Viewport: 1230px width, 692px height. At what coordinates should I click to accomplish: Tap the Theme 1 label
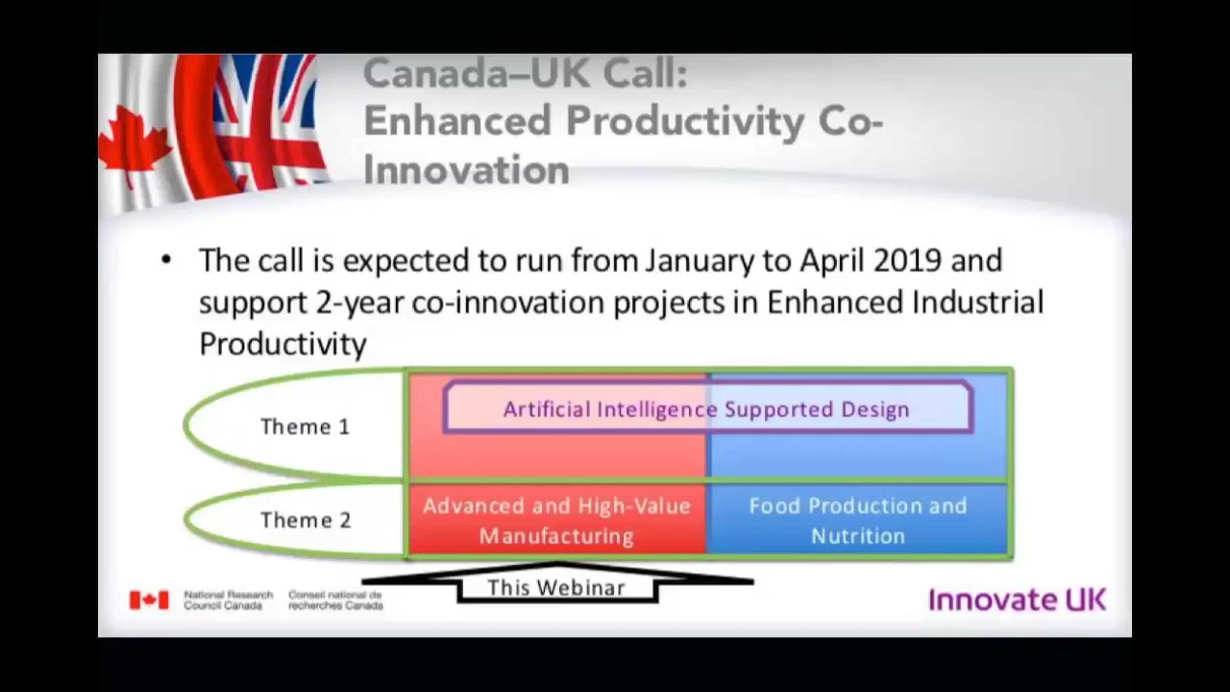click(305, 426)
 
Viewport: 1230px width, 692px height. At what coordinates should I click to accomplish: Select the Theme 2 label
click(306, 520)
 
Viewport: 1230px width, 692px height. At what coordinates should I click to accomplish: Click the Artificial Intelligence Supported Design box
click(708, 408)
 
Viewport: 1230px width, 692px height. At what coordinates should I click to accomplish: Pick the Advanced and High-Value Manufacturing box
click(557, 520)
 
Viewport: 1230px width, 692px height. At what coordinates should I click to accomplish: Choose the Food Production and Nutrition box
click(857, 520)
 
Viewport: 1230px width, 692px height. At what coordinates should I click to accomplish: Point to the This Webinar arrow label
click(557, 587)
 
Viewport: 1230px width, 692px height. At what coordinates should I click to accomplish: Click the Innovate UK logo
click(1017, 600)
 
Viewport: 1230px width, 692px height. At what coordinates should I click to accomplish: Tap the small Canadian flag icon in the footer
click(149, 600)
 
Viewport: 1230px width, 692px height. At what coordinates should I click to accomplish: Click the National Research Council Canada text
click(229, 600)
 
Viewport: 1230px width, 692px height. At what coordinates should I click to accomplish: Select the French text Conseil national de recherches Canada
click(336, 600)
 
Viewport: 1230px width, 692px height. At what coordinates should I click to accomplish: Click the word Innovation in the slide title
click(466, 170)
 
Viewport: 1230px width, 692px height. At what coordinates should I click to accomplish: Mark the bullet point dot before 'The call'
click(166, 260)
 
